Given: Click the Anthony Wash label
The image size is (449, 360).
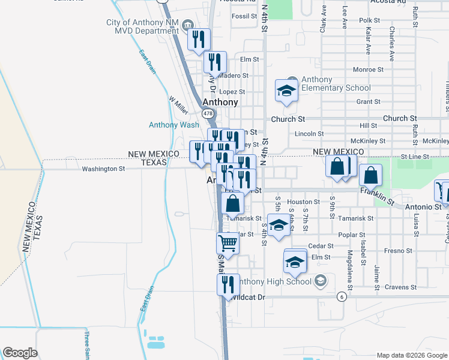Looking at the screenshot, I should pyautogui.click(x=174, y=125).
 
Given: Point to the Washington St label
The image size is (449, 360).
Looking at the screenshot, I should pyautogui.click(x=103, y=169).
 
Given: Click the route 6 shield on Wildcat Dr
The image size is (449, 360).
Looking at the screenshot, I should pyautogui.click(x=342, y=296).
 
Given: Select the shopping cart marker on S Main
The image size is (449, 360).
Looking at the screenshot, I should pyautogui.click(x=228, y=244).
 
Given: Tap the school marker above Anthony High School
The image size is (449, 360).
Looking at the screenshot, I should pyautogui.click(x=295, y=262).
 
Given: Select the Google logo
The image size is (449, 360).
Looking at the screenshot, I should pyautogui.click(x=20, y=353).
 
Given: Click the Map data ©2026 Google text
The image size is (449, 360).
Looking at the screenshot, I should pyautogui.click(x=411, y=355).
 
